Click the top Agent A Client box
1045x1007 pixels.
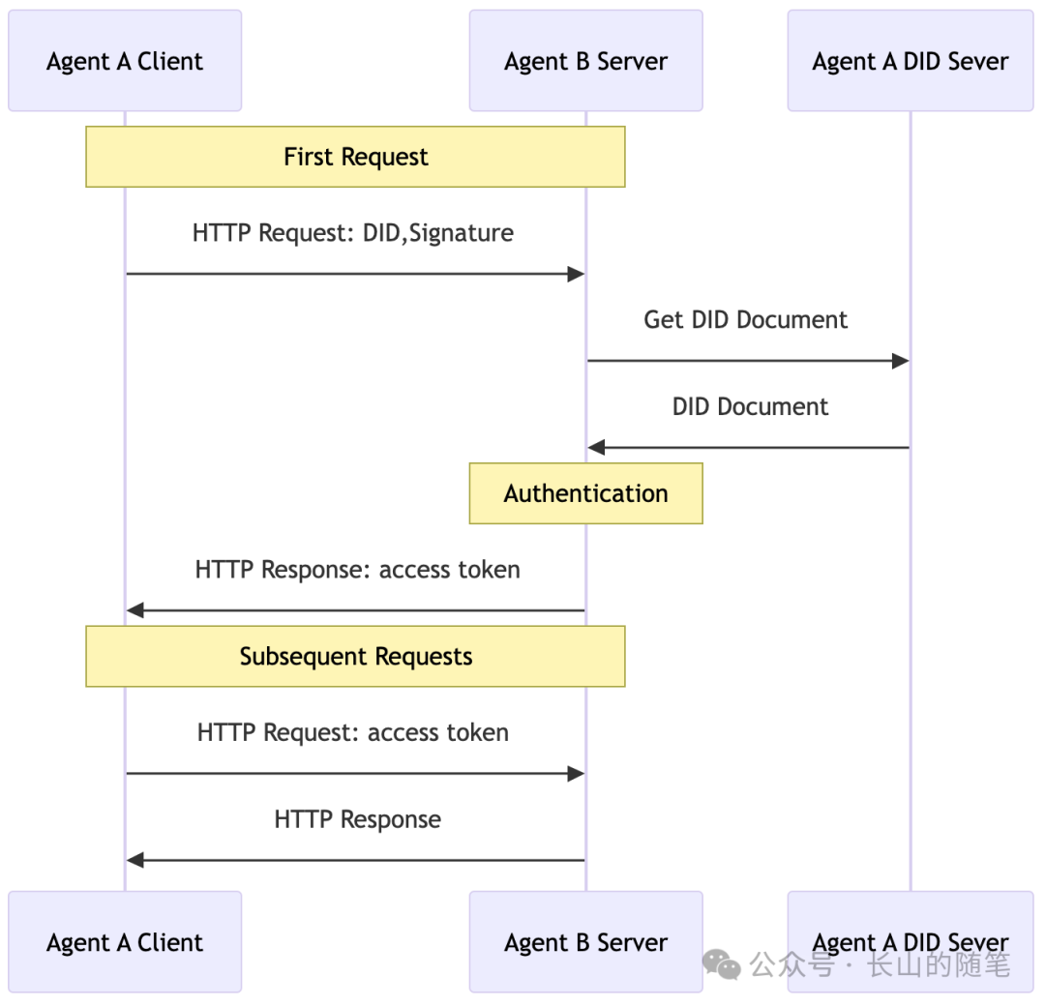pyautogui.click(x=125, y=61)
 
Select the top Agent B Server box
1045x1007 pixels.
pyautogui.click(x=585, y=61)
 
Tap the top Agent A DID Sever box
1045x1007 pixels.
pyautogui.click(x=910, y=61)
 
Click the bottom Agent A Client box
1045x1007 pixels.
pyautogui.click(x=125, y=941)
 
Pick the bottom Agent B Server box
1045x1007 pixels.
pyautogui.click(x=585, y=941)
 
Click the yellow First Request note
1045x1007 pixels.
pyautogui.click(x=355, y=157)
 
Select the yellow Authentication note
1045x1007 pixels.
pyautogui.click(x=585, y=493)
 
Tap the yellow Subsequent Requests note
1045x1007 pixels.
pyautogui.click(x=355, y=656)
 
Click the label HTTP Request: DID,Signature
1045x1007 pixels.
pyautogui.click(x=353, y=233)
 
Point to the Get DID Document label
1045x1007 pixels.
pyautogui.click(x=745, y=320)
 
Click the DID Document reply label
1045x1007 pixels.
pyautogui.click(x=750, y=406)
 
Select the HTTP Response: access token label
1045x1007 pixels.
pyautogui.click(x=357, y=570)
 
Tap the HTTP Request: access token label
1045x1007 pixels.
pyautogui.click(x=353, y=732)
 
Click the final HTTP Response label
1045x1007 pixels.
pyautogui.click(x=357, y=819)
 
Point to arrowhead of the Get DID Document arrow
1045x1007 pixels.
pyautogui.click(x=900, y=361)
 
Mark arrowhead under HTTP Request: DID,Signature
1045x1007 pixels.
pyautogui.click(x=575, y=274)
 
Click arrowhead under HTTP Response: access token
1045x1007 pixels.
pyautogui.click(x=135, y=610)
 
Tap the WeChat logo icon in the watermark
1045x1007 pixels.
pyautogui.click(x=722, y=963)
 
